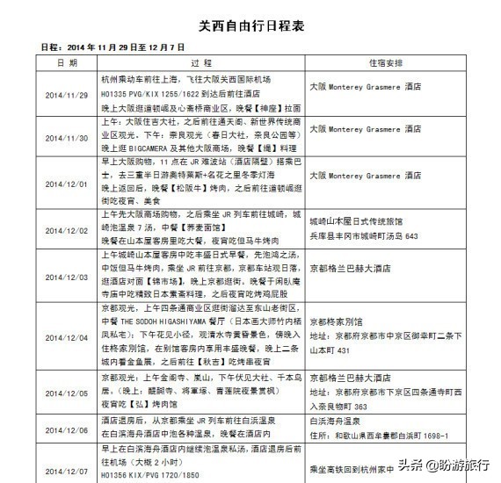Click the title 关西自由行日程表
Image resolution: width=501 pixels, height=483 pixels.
click(x=250, y=27)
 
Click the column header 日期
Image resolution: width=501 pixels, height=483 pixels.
click(x=67, y=64)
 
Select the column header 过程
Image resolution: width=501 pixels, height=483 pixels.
click(x=200, y=64)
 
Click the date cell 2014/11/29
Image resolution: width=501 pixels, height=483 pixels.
click(x=67, y=89)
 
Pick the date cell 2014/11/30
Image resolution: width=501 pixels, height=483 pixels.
click(x=67, y=138)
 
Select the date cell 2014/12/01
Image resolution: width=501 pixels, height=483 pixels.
click(x=67, y=185)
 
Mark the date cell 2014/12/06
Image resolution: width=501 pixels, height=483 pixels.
click(x=67, y=430)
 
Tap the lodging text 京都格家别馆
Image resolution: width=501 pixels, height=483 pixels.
click(x=338, y=322)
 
